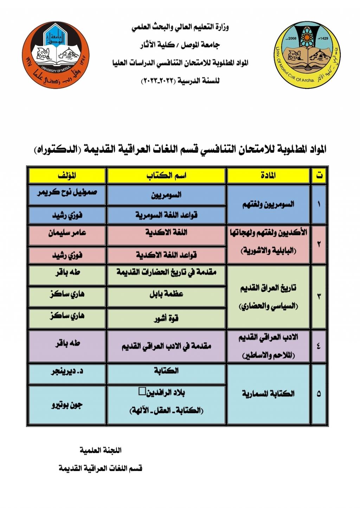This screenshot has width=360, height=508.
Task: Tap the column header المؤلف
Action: click(67, 176)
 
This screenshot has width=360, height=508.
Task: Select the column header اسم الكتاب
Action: click(166, 176)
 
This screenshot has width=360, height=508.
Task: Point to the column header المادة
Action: click(268, 176)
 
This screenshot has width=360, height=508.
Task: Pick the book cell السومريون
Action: click(166, 195)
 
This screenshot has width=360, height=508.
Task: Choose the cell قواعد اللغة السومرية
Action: click(166, 215)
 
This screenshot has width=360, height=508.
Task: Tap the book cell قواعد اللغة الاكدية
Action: click(166, 255)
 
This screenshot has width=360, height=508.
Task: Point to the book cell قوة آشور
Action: click(166, 318)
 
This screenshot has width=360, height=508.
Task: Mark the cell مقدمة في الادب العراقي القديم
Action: click(166, 346)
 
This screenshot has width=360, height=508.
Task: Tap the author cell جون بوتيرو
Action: click(67, 405)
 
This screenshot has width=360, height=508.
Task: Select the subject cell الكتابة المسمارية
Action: click(268, 394)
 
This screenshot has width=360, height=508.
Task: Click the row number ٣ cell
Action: click(319, 297)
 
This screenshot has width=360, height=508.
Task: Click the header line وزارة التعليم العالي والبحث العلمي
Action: click(180, 27)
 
